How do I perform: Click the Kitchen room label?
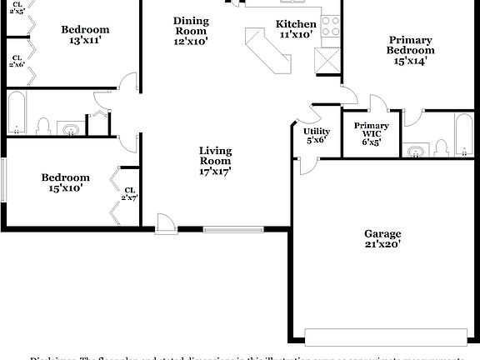pyautogui.click(x=296, y=30)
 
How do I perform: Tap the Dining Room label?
pyautogui.click(x=191, y=30)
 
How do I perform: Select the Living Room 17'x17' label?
pyautogui.click(x=215, y=161)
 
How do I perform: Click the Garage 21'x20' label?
pyautogui.click(x=382, y=239)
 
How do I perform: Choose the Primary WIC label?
pyautogui.click(x=371, y=133)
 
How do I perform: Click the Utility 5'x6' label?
pyautogui.click(x=317, y=136)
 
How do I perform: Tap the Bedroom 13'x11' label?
pyautogui.click(x=85, y=35)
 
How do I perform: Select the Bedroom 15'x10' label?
pyautogui.click(x=66, y=182)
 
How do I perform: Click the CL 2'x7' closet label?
pyautogui.click(x=129, y=193)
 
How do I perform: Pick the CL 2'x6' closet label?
pyautogui.click(x=17, y=59)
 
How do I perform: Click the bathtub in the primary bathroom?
pyautogui.click(x=464, y=135)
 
